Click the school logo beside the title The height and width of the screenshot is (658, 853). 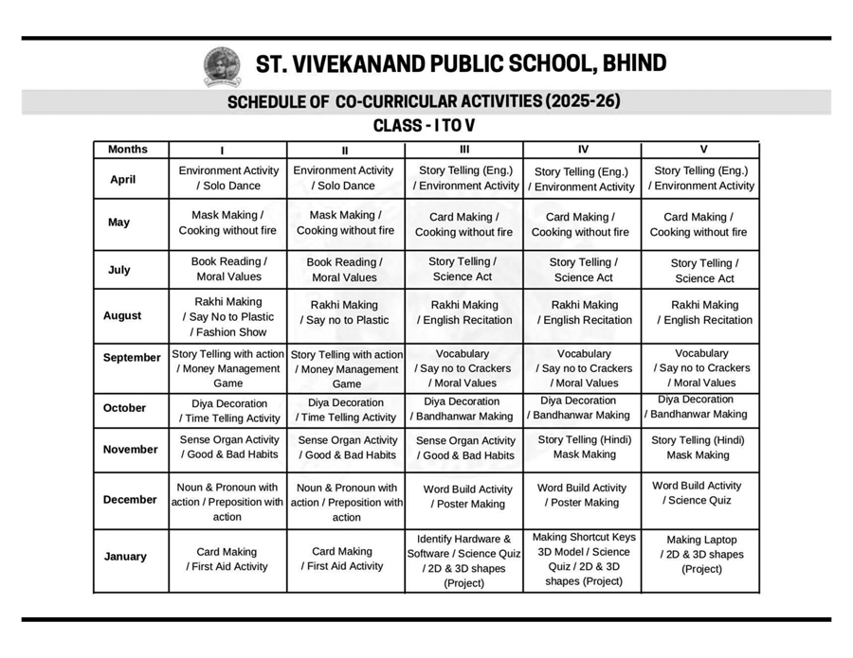coord(222,66)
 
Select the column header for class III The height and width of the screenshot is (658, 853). coord(463,150)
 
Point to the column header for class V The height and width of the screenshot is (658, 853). coord(702,150)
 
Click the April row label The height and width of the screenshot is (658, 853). coord(123,180)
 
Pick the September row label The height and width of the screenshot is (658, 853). coord(132,358)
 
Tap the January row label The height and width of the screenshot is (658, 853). coord(125,557)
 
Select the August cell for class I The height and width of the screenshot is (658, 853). coord(228,317)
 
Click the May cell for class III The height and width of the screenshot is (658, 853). coord(463,224)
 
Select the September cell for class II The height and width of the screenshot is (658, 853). coord(346,369)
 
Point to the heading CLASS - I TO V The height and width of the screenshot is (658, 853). coord(426,126)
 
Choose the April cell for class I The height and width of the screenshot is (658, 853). coord(228,179)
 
